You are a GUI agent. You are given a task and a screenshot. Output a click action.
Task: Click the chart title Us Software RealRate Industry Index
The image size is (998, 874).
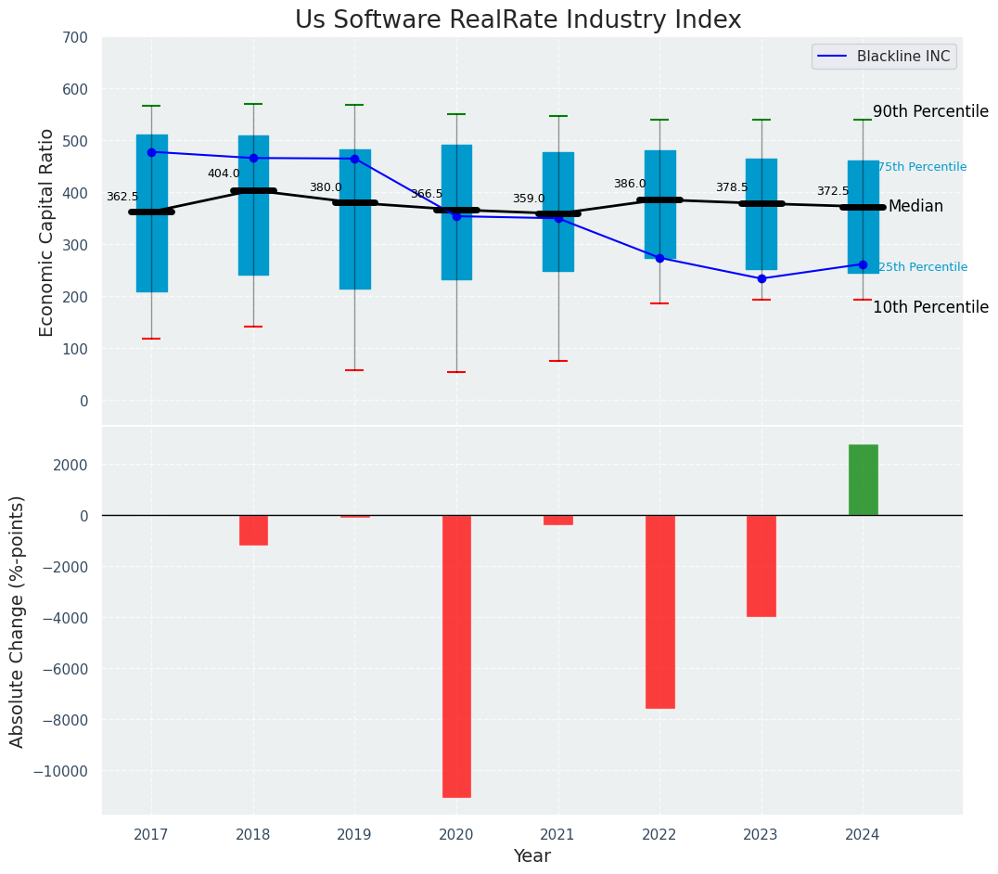point(518,20)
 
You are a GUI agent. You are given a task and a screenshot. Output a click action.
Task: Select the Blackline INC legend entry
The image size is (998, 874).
point(884,57)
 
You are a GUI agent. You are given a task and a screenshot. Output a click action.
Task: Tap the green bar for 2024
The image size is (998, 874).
point(863,480)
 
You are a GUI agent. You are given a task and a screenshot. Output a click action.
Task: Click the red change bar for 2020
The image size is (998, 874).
point(456,656)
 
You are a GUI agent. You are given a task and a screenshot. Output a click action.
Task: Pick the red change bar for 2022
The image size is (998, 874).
point(659,611)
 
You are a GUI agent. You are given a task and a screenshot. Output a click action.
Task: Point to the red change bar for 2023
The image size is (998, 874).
point(761,566)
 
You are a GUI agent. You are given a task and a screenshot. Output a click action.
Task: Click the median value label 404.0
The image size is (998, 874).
point(224,174)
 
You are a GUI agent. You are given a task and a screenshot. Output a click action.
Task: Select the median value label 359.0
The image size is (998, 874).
point(529,199)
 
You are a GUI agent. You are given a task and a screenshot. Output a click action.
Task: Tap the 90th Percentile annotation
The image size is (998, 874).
point(930,111)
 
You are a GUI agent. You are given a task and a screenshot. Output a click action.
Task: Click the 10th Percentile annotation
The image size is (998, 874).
point(930,307)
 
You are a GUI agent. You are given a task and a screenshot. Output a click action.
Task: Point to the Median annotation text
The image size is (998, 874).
point(915,207)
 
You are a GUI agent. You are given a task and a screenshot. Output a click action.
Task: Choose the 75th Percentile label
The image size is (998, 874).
point(922,167)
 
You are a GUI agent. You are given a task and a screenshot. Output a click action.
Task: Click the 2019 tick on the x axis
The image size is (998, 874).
point(354,835)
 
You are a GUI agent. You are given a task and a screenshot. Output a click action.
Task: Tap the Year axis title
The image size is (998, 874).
point(532,856)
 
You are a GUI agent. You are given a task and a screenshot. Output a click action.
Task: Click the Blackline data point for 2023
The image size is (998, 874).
point(761,278)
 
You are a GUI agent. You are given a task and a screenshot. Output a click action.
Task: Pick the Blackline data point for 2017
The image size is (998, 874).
point(151,152)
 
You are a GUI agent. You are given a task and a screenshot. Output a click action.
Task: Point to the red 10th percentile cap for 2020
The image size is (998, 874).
point(456,372)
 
